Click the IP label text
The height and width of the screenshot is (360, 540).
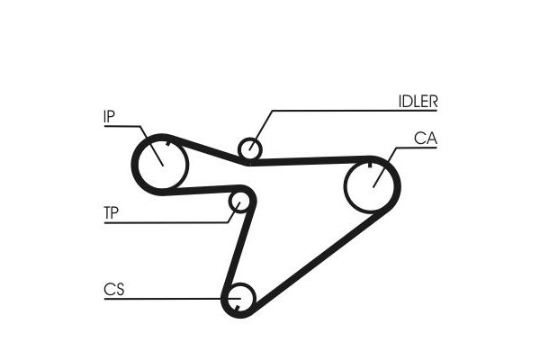109,116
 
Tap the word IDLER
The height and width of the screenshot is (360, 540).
418,102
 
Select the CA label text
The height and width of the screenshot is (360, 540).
426,138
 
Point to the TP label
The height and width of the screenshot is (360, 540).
111,213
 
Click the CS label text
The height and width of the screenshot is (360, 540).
113,290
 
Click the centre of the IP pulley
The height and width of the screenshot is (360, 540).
163,165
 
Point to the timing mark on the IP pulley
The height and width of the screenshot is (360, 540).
168,144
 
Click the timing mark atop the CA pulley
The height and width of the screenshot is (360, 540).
370,165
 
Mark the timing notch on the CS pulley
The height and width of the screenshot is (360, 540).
238,307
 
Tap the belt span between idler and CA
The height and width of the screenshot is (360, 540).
310,160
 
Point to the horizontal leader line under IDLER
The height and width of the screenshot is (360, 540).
355,111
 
